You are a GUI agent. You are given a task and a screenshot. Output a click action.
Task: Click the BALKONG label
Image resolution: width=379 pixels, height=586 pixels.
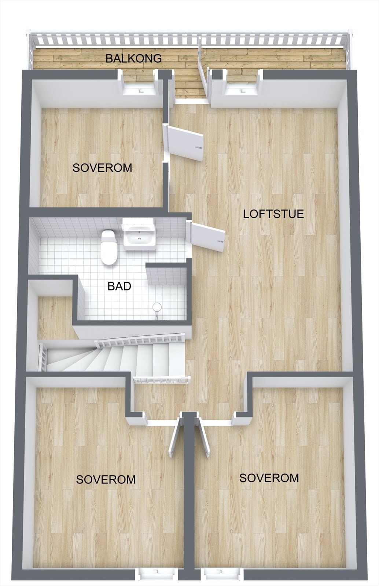click(133, 58)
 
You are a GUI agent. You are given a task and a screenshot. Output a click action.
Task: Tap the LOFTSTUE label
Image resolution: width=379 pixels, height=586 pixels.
click(273, 214)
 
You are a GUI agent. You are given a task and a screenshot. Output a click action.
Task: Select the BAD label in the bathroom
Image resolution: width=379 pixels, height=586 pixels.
click(119, 286)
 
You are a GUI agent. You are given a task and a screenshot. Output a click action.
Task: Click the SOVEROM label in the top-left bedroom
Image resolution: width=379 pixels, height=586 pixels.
click(102, 168)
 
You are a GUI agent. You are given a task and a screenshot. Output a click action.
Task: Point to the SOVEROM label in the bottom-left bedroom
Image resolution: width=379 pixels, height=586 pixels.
click(106, 479)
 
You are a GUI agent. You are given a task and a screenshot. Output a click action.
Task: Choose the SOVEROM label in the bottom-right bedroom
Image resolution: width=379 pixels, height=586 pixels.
click(269, 478)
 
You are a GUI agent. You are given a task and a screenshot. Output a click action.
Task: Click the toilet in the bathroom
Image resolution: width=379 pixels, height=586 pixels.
click(108, 247)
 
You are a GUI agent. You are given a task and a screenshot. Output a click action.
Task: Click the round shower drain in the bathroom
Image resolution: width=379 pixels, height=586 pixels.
click(157, 307)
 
